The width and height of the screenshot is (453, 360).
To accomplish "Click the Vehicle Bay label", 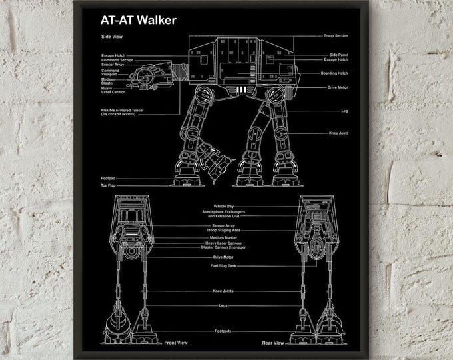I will coord(224,205).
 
